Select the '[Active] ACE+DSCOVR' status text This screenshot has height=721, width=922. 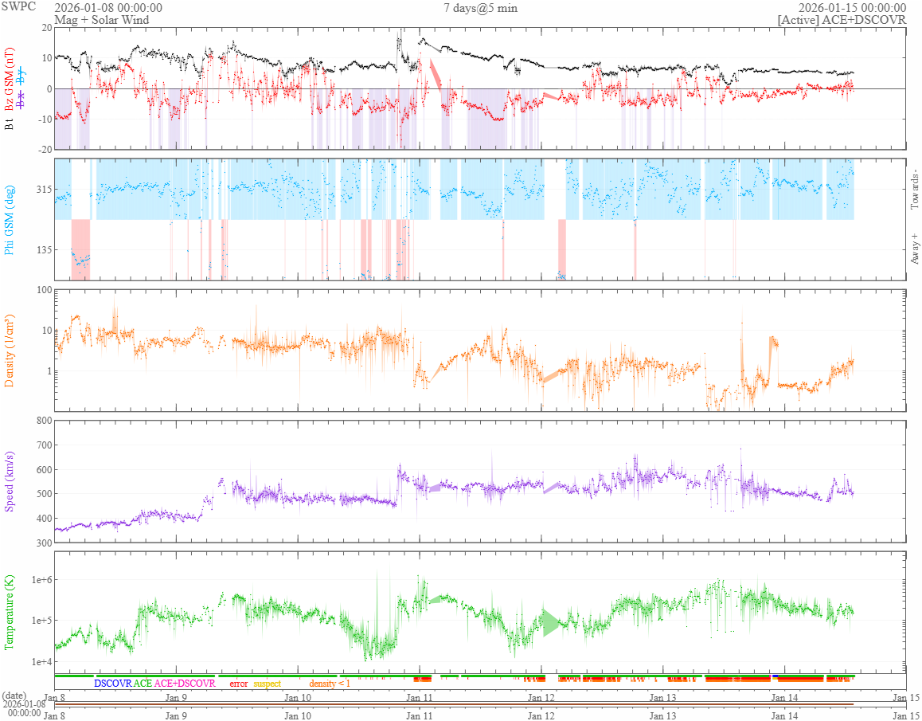coord(842,20)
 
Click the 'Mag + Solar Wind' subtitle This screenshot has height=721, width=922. coord(101,20)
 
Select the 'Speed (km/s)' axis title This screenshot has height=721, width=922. coord(10,480)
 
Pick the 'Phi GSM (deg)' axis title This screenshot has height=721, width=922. coord(10,218)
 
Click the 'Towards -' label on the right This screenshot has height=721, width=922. coord(913,190)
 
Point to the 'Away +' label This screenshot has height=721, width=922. coord(913,249)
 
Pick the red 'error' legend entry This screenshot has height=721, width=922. coord(238,684)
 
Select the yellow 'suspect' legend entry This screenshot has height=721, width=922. coord(267,684)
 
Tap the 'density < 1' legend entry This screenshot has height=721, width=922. coord(329,684)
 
